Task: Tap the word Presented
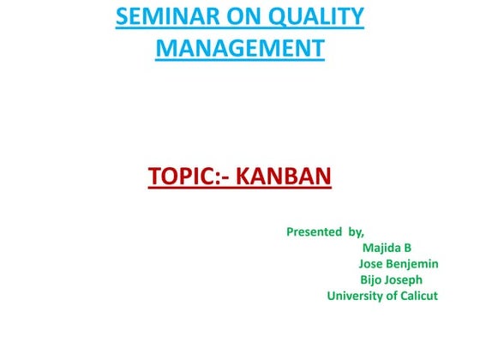tap(315, 231)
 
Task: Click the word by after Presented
tap(355, 231)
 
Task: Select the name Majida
tap(382, 249)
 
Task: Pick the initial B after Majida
tap(407, 249)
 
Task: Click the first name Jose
tap(373, 264)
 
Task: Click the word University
tap(356, 296)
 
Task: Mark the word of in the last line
tap(393, 296)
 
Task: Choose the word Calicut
tap(420, 296)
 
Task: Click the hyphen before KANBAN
tap(226, 180)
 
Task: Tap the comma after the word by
tap(363, 235)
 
